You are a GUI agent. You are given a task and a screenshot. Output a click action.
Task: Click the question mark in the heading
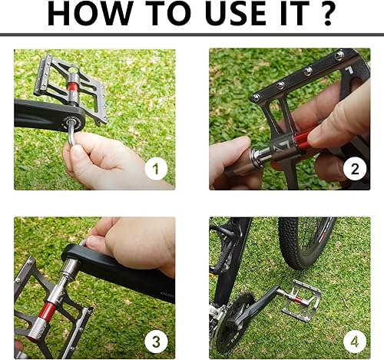coord(329,16)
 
